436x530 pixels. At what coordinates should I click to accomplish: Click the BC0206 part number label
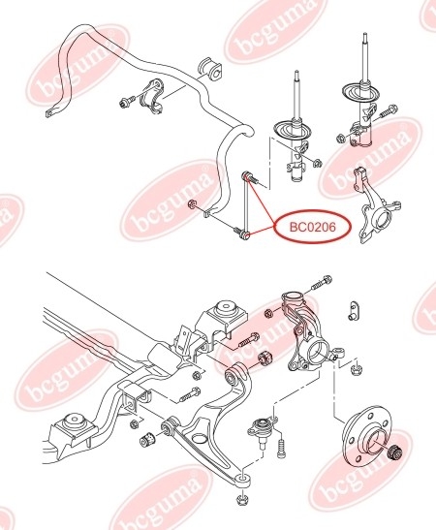(313, 227)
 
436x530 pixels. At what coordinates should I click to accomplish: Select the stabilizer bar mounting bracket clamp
(153, 96)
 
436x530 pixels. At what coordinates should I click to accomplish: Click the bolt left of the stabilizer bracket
(127, 101)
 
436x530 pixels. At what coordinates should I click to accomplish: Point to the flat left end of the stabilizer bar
(50, 111)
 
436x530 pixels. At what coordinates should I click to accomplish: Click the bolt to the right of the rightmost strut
(388, 111)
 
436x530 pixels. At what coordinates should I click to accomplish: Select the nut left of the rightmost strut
(341, 138)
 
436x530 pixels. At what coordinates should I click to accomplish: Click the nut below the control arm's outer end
(242, 498)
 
